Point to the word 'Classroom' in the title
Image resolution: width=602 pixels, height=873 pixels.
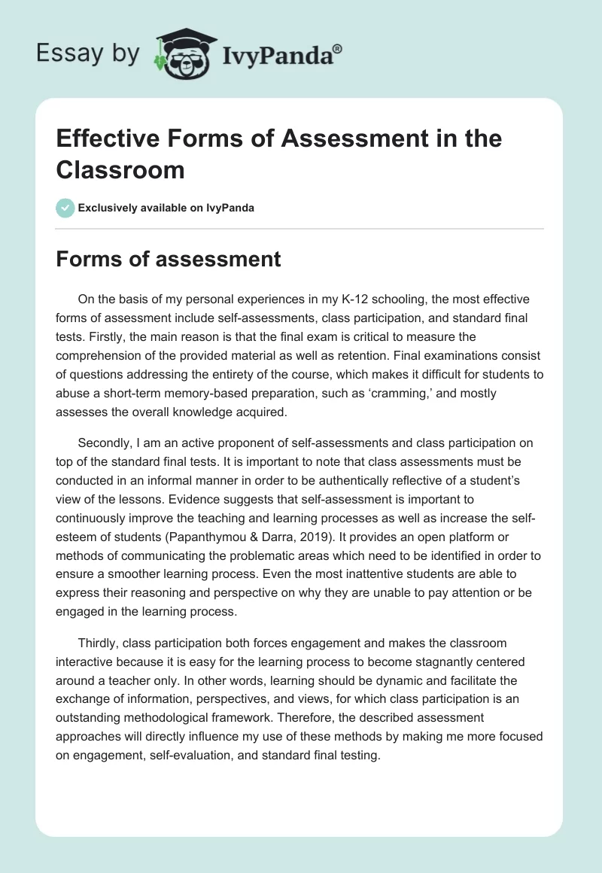pos(120,169)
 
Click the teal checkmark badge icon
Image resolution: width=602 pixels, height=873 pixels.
pos(65,208)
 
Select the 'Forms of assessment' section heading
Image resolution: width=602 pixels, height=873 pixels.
pos(168,259)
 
